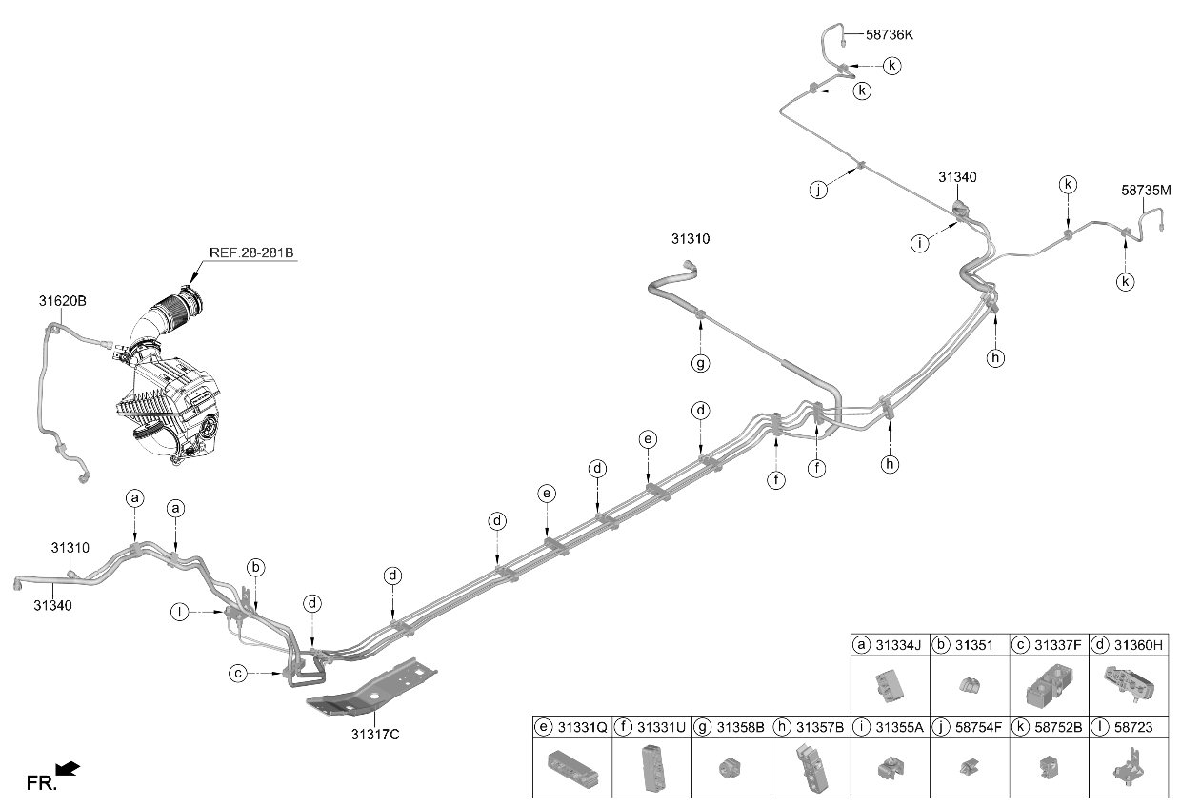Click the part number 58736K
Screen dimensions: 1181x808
click(890, 35)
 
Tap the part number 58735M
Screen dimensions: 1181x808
click(1146, 191)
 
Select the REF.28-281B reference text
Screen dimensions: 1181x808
click(251, 252)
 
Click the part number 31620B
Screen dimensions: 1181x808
click(62, 301)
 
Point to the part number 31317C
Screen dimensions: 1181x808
click(375, 735)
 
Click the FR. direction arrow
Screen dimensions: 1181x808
click(68, 769)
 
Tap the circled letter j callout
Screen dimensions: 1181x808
click(818, 190)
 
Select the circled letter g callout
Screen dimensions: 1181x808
click(700, 363)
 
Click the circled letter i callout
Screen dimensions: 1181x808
click(920, 243)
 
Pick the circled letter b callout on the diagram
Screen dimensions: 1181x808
click(255, 568)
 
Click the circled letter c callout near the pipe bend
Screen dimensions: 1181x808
click(238, 674)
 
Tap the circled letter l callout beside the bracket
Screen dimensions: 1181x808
click(180, 613)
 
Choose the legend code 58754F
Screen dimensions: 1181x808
click(978, 727)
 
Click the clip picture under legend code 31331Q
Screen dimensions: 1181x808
click(573, 769)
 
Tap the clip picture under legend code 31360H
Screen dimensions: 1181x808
click(1129, 684)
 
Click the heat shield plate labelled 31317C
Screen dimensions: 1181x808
click(371, 686)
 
